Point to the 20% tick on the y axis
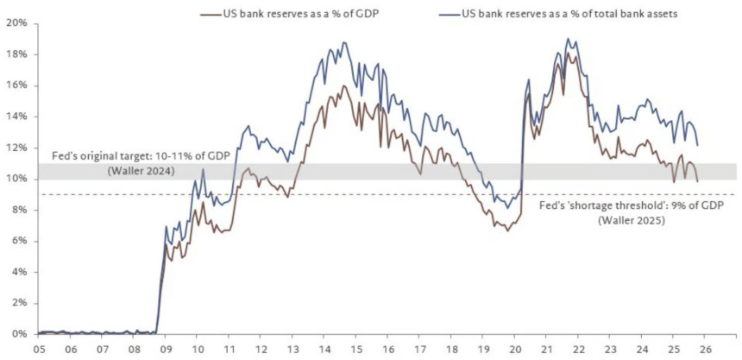(x=17, y=22)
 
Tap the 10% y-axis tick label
(x=17, y=179)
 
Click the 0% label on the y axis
(x=20, y=334)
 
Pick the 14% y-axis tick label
(x=17, y=116)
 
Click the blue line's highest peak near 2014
(x=344, y=41)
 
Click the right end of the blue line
(x=697, y=145)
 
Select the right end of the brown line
(x=697, y=180)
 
